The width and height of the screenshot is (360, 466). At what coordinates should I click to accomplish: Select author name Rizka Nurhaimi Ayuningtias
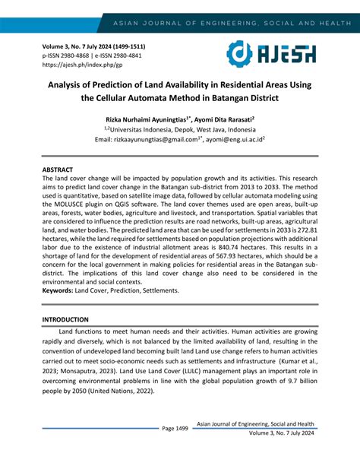coord(145,119)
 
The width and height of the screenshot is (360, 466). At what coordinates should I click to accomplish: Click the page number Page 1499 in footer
coord(175,429)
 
